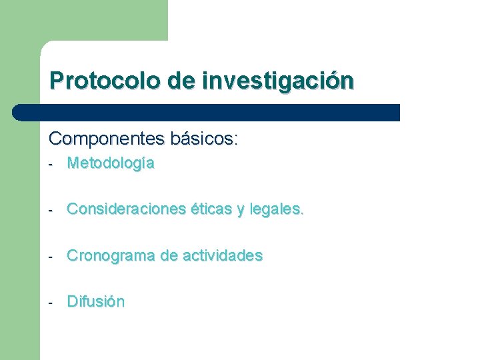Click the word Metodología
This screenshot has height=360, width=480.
point(111,163)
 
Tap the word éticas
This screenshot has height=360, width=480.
point(210,209)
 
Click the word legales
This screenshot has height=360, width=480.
point(277,209)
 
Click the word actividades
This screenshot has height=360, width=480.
point(222,255)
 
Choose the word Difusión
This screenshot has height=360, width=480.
point(95,301)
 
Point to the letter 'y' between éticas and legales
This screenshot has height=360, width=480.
point(241,211)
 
